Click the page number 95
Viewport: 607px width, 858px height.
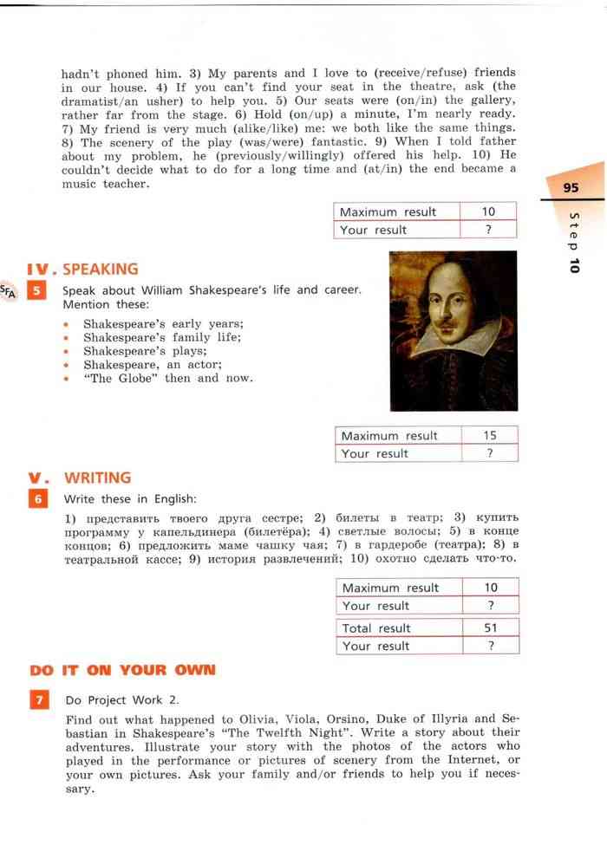(x=570, y=187)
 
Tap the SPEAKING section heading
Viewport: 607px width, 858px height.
(x=100, y=270)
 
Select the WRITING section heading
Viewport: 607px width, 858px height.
(x=97, y=478)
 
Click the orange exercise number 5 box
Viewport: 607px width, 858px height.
(x=37, y=290)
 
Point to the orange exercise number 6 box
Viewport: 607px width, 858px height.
(x=37, y=499)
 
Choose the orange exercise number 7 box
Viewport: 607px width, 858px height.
(x=39, y=699)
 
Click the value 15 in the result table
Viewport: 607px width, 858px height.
(x=489, y=436)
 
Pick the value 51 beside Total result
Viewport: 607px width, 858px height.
(x=490, y=628)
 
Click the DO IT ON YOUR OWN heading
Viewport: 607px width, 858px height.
(x=121, y=670)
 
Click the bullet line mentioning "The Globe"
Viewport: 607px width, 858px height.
(x=168, y=379)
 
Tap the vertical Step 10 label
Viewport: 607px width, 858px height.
(x=573, y=243)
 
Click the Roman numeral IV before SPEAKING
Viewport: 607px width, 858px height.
(x=40, y=270)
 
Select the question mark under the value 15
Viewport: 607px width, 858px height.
(x=489, y=453)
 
